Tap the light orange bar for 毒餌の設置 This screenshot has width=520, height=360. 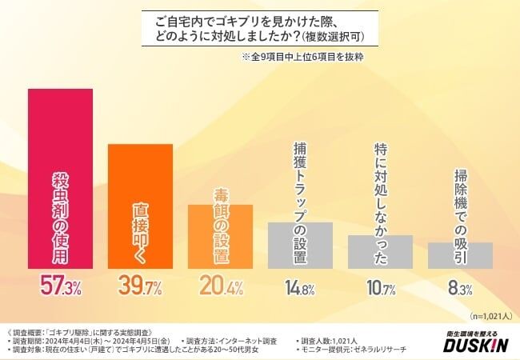220,236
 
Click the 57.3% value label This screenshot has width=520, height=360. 60,286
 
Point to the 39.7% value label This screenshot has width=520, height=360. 140,286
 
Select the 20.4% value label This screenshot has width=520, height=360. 220,286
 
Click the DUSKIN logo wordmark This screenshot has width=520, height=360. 475,346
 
